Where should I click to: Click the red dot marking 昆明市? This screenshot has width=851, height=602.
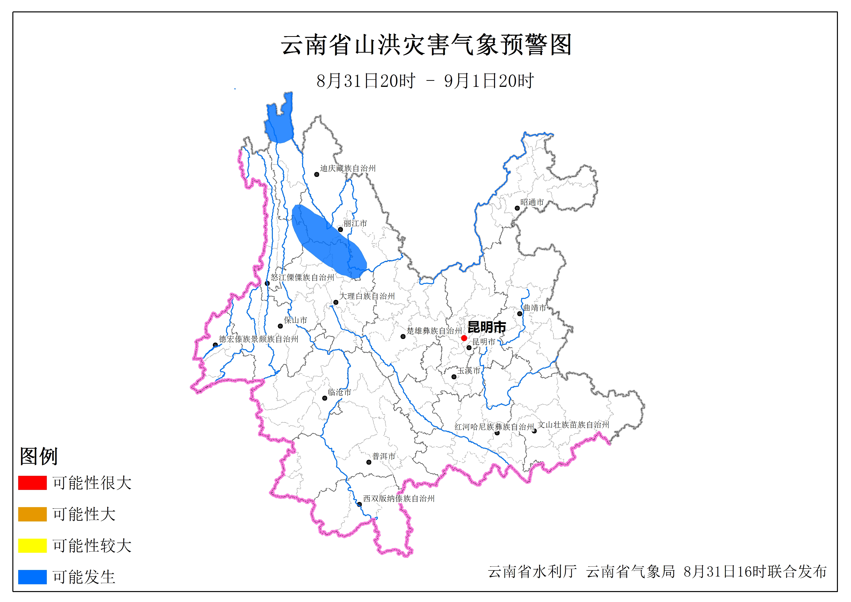(464, 338)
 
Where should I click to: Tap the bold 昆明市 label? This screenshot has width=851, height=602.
(487, 327)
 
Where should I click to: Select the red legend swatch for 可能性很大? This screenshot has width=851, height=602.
(32, 483)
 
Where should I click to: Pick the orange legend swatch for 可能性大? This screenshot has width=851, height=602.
(32, 514)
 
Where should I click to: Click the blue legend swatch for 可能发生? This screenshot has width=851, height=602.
(32, 577)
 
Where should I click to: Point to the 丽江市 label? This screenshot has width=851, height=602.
(355, 223)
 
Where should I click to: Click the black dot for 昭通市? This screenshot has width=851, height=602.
(517, 208)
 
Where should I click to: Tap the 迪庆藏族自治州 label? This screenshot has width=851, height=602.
(348, 168)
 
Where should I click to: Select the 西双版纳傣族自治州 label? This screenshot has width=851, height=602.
(398, 499)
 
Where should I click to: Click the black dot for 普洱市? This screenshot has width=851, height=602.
(369, 462)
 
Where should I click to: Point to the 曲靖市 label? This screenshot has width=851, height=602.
(535, 307)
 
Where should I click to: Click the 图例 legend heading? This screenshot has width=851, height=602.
(39, 456)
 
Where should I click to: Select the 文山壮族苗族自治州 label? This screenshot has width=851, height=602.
(573, 425)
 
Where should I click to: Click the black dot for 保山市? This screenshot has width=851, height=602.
(280, 326)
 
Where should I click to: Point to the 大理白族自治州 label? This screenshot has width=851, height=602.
(367, 296)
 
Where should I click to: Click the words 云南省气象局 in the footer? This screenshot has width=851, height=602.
(630, 572)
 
